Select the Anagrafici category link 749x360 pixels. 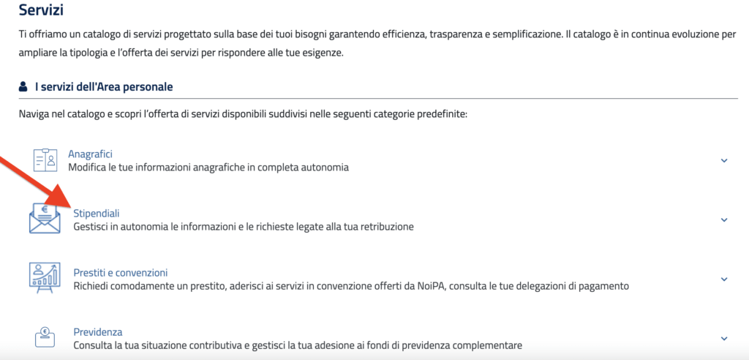[x=90, y=154]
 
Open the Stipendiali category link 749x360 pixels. [x=96, y=213]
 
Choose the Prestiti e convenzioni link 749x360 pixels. [x=121, y=272]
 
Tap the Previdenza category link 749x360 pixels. [x=97, y=331]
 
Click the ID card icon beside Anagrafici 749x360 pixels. [x=45, y=160]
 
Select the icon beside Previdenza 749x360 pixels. [x=45, y=337]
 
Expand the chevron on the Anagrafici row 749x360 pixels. [x=724, y=160]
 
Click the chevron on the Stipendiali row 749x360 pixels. [x=724, y=220]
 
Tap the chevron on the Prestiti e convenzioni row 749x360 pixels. [x=724, y=279]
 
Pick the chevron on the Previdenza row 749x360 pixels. [x=724, y=338]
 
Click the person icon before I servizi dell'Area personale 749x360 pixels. [x=23, y=87]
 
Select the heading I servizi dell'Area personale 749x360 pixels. [x=104, y=87]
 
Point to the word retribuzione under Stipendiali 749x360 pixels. [x=385, y=226]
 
